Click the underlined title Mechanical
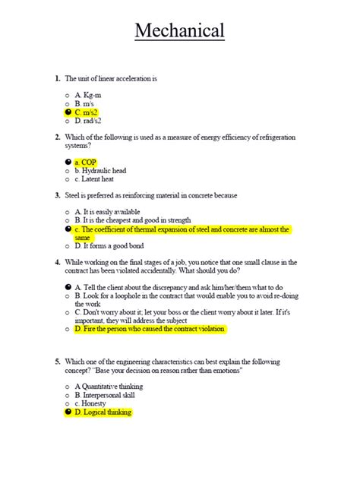coord(179,32)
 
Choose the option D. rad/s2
coord(89,121)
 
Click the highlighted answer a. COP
coord(85,163)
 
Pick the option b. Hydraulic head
coord(103,172)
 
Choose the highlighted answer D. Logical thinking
coord(103,412)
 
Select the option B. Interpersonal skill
coord(107,396)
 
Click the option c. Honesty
coord(91,404)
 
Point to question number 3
coord(57,195)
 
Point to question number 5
coord(57,362)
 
